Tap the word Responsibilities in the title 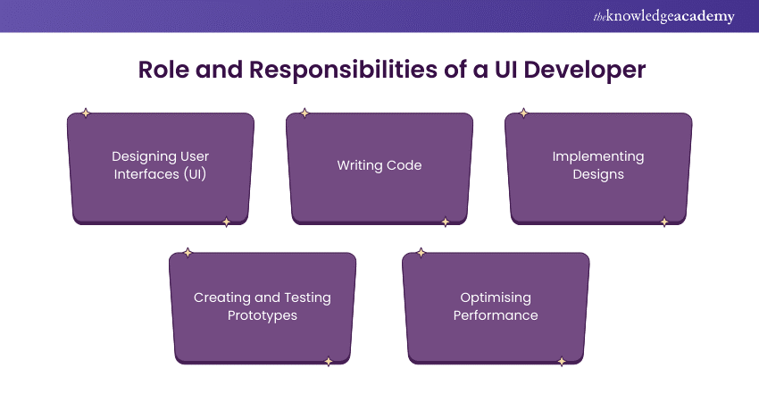(342, 70)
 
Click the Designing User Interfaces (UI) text (161, 165)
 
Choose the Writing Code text (379, 165)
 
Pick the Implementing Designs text (598, 165)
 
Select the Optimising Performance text (496, 306)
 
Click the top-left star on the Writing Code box (304, 113)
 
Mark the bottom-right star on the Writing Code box (445, 222)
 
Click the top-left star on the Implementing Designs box (523, 113)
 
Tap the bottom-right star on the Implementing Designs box (663, 222)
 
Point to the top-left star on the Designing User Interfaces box (86, 113)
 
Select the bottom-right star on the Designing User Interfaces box (226, 222)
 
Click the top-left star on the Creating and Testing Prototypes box (188, 253)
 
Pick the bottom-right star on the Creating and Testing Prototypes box (328, 362)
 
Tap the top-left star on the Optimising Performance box (421, 253)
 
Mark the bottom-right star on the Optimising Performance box (562, 362)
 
